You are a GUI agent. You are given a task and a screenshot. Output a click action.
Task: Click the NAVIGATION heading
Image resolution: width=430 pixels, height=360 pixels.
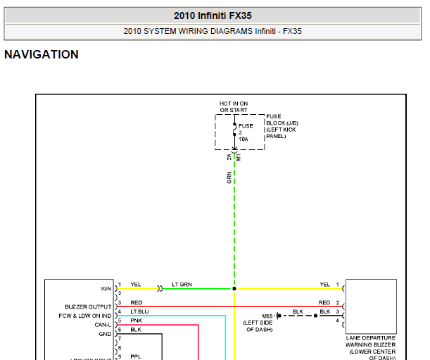click(x=42, y=54)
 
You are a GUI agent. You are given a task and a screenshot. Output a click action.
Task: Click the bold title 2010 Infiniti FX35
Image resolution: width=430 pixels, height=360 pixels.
click(x=213, y=15)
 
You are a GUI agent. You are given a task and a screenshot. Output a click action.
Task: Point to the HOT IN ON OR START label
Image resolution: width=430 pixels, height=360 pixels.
click(x=234, y=107)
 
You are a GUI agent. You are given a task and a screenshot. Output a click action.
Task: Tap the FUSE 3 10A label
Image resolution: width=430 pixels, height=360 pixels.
click(x=246, y=132)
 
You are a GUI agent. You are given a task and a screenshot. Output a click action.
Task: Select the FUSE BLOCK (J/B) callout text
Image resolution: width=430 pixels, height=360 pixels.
click(x=282, y=126)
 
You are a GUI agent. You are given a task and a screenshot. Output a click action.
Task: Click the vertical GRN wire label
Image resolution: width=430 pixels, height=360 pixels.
click(x=229, y=178)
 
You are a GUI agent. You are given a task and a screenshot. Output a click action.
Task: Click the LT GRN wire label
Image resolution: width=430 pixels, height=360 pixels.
click(x=182, y=285)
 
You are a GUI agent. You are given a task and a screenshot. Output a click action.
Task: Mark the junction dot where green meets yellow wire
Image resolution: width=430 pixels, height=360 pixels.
click(x=234, y=289)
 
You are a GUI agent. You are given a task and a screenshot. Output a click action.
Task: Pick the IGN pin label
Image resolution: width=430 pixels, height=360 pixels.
click(x=106, y=289)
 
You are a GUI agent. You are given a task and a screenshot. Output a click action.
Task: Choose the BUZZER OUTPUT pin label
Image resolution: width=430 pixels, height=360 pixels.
click(x=88, y=306)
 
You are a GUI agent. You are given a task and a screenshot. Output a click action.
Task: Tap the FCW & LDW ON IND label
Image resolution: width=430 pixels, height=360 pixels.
click(x=85, y=316)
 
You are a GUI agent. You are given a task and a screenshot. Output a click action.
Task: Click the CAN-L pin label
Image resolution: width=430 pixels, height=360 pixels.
click(x=103, y=325)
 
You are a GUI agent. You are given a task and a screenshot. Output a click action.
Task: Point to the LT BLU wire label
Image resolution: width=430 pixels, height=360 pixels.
click(x=139, y=311)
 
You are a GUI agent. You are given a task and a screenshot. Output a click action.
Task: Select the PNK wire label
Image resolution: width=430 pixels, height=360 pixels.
click(x=137, y=321)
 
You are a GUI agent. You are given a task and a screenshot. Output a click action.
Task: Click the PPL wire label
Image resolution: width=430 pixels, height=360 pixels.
click(x=136, y=356)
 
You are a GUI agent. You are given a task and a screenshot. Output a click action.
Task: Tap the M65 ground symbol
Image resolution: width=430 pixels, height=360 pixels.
click(x=278, y=316)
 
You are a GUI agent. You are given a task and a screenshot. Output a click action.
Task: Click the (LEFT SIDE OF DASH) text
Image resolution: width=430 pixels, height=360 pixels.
click(x=258, y=326)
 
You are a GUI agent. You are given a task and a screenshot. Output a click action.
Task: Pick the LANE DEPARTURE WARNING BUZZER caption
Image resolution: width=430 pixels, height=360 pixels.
click(x=370, y=348)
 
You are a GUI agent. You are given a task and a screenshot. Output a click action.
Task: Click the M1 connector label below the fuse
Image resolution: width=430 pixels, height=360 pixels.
click(x=239, y=158)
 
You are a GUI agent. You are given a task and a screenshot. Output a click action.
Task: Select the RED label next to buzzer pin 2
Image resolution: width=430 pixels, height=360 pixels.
click(x=324, y=303)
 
